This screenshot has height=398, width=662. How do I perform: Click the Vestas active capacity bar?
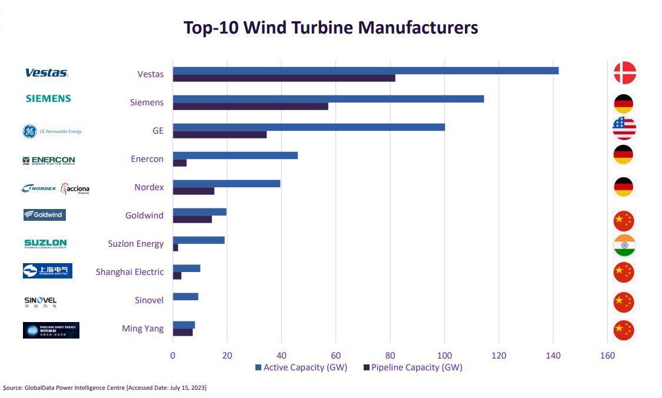[x=365, y=71]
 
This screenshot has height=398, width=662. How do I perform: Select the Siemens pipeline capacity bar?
[x=250, y=107]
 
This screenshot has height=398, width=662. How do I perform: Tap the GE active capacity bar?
[x=308, y=127]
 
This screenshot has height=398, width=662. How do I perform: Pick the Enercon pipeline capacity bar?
[x=179, y=163]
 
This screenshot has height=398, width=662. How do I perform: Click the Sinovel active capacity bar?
[x=185, y=297]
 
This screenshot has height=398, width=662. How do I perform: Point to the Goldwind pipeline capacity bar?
[x=192, y=220]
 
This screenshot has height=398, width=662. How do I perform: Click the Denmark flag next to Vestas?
[x=624, y=73]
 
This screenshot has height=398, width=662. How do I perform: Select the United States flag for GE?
[x=624, y=128]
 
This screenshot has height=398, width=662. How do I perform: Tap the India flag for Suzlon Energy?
[x=624, y=246]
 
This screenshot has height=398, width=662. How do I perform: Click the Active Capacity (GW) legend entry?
[x=301, y=367]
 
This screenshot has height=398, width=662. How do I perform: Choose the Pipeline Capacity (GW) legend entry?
[x=412, y=367]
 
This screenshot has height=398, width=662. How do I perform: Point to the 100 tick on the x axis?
[x=444, y=356]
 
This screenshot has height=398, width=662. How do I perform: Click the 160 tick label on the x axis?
[x=607, y=356]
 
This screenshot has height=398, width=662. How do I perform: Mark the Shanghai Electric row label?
[x=129, y=272]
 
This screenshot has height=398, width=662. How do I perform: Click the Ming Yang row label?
[x=142, y=329]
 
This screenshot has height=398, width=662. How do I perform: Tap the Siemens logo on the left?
[x=48, y=99]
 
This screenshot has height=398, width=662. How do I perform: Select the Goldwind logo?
[x=44, y=215]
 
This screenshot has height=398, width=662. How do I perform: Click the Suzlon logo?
[x=45, y=243]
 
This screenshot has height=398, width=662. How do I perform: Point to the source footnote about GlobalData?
[x=105, y=388]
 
